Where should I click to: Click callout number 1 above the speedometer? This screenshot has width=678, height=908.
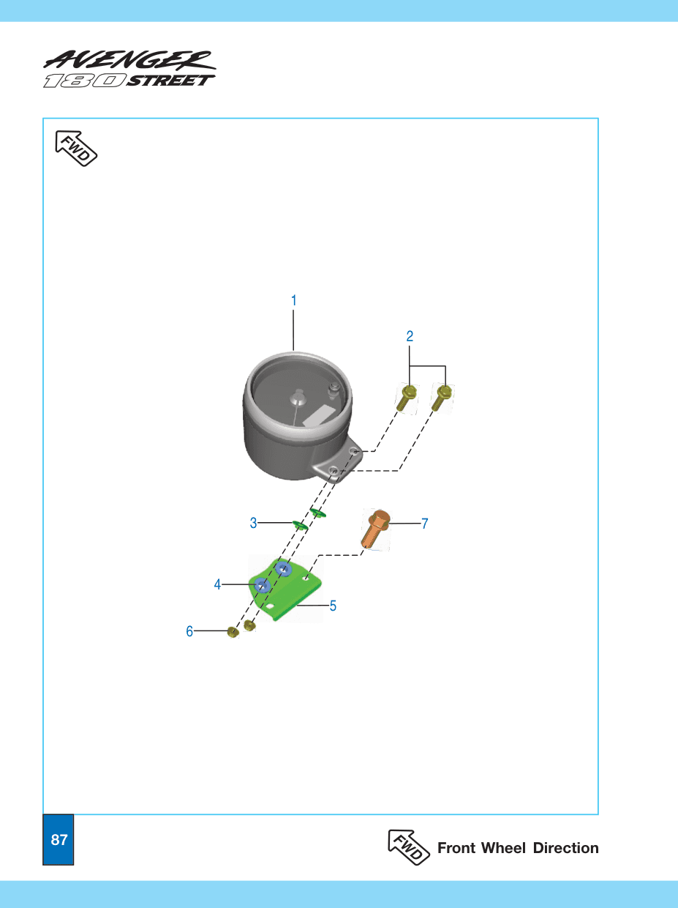pyautogui.click(x=294, y=301)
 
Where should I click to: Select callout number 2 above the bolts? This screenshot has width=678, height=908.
pyautogui.click(x=410, y=336)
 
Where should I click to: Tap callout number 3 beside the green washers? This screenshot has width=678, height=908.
pyautogui.click(x=253, y=523)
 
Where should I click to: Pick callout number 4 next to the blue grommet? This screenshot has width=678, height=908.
pyautogui.click(x=217, y=584)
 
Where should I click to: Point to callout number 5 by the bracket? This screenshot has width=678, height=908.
pyautogui.click(x=333, y=606)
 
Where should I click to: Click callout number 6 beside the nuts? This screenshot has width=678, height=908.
pyautogui.click(x=189, y=631)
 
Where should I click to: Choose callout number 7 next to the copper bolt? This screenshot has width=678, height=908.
pyautogui.click(x=424, y=524)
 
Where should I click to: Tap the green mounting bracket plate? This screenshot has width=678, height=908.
pyautogui.click(x=285, y=589)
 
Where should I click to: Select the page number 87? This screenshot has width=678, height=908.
pyautogui.click(x=59, y=839)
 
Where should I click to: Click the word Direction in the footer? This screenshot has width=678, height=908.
pyautogui.click(x=565, y=848)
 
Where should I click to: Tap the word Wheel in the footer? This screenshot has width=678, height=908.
pyautogui.click(x=504, y=848)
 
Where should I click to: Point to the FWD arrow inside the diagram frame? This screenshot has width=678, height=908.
pyautogui.click(x=76, y=149)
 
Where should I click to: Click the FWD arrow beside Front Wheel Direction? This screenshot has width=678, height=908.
pyautogui.click(x=409, y=846)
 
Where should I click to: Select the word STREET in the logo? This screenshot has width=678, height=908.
pyautogui.click(x=170, y=81)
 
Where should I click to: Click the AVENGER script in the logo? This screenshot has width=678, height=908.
pyautogui.click(x=129, y=60)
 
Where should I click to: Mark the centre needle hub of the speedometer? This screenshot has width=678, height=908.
pyautogui.click(x=298, y=398)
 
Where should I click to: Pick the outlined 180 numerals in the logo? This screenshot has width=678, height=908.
pyautogui.click(x=85, y=81)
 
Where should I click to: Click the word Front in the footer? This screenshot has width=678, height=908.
pyautogui.click(x=456, y=848)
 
